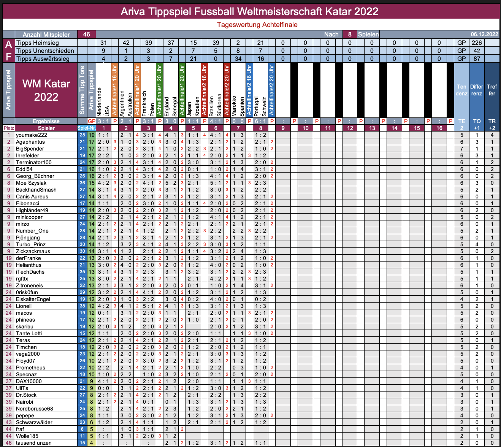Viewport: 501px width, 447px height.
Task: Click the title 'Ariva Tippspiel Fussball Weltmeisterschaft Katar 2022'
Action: (x=249, y=11)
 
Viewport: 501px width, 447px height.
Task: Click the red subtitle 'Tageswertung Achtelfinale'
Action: (x=257, y=25)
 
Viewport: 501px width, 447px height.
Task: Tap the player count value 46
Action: (x=86, y=34)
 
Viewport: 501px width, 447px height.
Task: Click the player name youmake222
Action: (x=32, y=135)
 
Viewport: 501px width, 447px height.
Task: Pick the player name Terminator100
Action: (x=34, y=162)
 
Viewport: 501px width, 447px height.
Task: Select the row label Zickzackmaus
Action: (x=33, y=251)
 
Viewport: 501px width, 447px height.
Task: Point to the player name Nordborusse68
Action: (x=35, y=409)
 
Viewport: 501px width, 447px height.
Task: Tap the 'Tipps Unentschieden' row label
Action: (x=45, y=51)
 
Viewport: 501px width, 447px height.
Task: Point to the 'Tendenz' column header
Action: (x=461, y=90)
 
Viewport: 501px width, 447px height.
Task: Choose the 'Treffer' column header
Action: (x=492, y=90)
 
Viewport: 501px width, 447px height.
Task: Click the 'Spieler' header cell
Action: (x=46, y=128)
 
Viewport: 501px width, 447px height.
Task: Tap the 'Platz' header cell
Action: (x=9, y=128)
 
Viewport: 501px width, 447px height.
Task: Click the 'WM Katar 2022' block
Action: (x=46, y=90)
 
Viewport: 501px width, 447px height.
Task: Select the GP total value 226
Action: (x=477, y=43)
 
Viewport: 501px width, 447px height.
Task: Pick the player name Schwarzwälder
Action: (x=34, y=422)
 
